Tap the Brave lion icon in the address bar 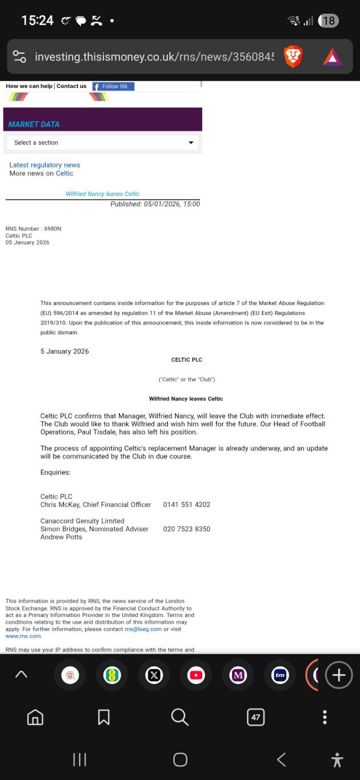coord(293,57)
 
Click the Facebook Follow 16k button coord(114,86)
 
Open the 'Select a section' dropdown coord(103,142)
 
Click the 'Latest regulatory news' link coord(45,165)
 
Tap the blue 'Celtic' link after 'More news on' coord(65,173)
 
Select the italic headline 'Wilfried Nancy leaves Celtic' coord(103,194)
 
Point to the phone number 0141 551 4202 coord(186,505)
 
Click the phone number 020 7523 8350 coord(186,529)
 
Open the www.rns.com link coord(23,636)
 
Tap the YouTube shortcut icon coord(196,675)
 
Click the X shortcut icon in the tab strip coord(154,675)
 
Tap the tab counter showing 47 coord(255,717)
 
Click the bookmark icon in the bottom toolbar coord(103,717)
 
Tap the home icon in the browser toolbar coord(35,717)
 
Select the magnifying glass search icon coord(179,717)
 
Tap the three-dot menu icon coord(325,717)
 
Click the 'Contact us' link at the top coord(71,86)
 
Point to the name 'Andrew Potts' coord(61,537)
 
